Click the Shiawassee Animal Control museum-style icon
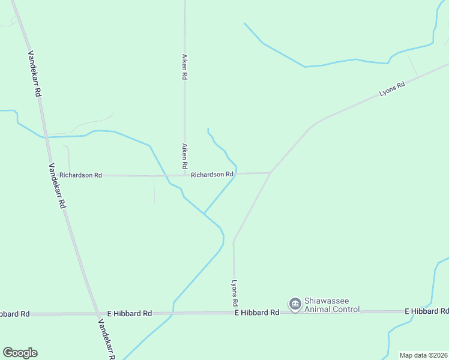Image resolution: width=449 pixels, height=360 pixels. [x=295, y=305]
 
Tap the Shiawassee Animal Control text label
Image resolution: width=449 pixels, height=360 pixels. [x=332, y=305]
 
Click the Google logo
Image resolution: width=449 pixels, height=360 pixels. [x=20, y=353]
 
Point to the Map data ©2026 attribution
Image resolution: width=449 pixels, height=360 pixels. [x=423, y=355]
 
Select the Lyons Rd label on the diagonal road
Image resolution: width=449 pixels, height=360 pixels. [x=392, y=89]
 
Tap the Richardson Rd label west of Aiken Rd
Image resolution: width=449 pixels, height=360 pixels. [x=80, y=175]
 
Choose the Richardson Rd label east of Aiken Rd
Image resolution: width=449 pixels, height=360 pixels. [x=212, y=175]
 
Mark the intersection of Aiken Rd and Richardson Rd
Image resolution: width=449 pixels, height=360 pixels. [x=184, y=175]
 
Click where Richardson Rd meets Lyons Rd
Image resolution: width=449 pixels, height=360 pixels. [x=271, y=173]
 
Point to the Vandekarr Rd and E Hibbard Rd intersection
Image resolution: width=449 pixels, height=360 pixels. [x=98, y=313]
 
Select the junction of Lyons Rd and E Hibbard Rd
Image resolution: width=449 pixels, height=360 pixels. [x=234, y=313]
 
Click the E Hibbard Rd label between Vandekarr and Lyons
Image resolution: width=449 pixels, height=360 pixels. [x=129, y=313]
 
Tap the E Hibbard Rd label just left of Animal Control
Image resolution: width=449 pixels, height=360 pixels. [x=257, y=313]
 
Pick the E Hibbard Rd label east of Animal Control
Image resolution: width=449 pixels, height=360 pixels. [x=426, y=311]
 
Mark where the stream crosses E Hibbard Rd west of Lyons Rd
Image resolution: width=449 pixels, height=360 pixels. [x=173, y=313]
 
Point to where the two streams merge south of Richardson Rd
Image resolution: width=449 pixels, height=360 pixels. [x=204, y=213]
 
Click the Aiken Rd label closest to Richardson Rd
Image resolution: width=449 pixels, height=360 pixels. [x=185, y=156]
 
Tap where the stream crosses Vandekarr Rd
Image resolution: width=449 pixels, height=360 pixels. [x=43, y=137]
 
